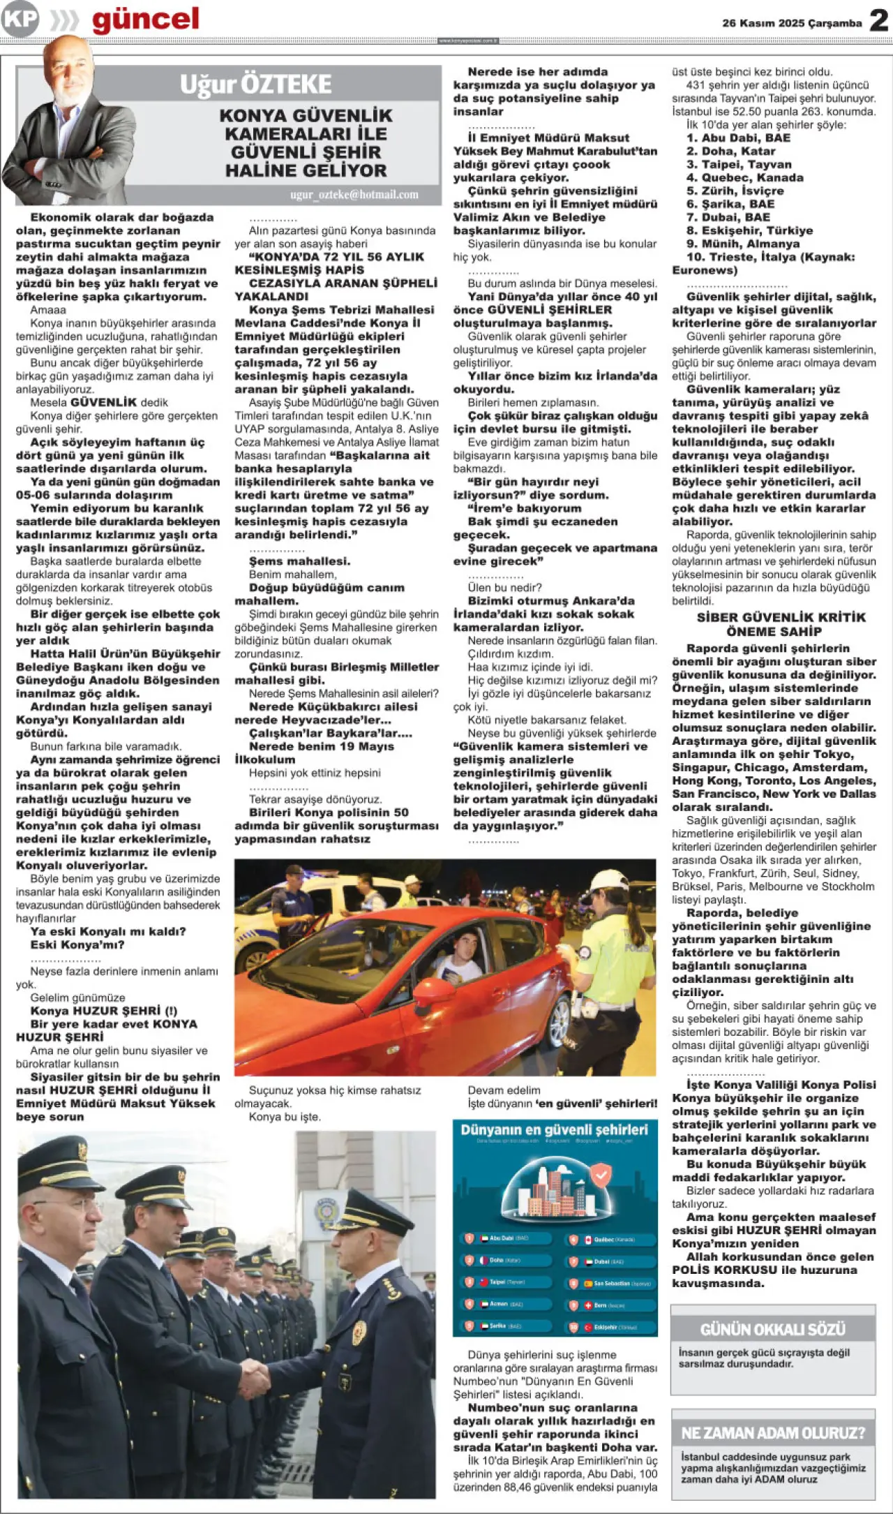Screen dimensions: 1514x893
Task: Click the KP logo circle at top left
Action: coord(20,20)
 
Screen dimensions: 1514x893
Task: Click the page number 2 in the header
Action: coord(878,21)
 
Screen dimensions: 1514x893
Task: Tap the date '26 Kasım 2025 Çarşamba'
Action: coord(792,23)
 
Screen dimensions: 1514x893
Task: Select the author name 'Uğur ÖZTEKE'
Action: coord(255,84)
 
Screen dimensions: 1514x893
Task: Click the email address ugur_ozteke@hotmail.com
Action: coord(354,195)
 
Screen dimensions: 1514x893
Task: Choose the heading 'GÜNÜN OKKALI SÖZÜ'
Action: coord(772,1329)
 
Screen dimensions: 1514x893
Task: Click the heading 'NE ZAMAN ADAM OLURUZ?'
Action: coord(773,1433)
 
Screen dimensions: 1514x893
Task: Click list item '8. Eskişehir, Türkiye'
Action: coord(749,230)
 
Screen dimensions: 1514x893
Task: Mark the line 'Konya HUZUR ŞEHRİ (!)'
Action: coord(103,1011)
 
